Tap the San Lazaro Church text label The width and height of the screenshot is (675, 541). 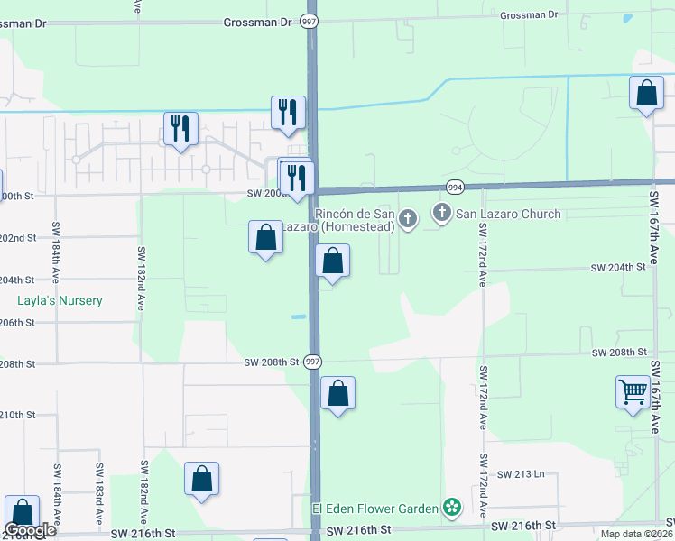(x=508, y=214)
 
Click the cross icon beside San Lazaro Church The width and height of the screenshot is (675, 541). (x=442, y=214)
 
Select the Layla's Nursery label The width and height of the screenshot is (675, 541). (x=60, y=300)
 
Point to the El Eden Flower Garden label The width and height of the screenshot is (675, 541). (x=375, y=509)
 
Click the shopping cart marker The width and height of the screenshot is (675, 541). (x=633, y=392)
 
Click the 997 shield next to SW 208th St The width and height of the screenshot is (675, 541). (x=312, y=361)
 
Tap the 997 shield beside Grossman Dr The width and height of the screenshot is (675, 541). (x=309, y=20)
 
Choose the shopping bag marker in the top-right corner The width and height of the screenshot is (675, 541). (x=647, y=93)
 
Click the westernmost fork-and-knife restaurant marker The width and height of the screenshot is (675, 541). (x=180, y=129)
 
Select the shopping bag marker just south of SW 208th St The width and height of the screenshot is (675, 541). (x=337, y=393)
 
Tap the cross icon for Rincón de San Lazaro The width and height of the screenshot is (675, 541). (x=408, y=217)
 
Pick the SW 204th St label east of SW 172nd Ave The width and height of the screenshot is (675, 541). (x=618, y=267)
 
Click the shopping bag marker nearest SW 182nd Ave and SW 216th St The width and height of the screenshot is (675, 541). (x=202, y=479)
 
